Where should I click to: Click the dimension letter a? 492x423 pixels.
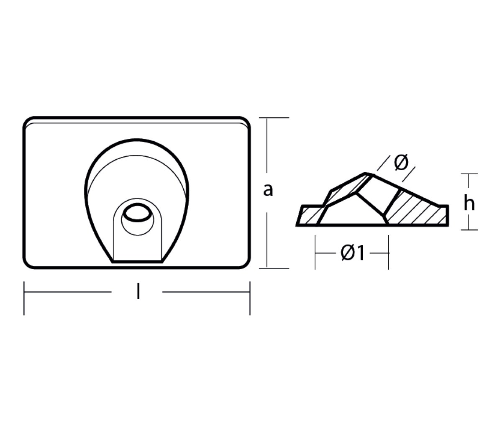(268, 190)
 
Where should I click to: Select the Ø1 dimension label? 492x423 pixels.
(353, 252)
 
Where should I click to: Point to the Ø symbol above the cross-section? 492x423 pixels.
(402, 163)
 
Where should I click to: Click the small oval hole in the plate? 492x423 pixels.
(137, 213)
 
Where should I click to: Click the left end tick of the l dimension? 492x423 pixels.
(24, 298)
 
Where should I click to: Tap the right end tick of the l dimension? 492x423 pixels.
(250, 298)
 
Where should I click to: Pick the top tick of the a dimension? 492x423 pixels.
(274, 118)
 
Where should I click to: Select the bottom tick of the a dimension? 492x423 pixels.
(274, 268)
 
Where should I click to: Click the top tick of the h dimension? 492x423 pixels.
(469, 174)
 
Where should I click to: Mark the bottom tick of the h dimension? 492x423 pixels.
(469, 229)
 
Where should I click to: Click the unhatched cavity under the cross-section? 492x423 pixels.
(353, 213)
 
